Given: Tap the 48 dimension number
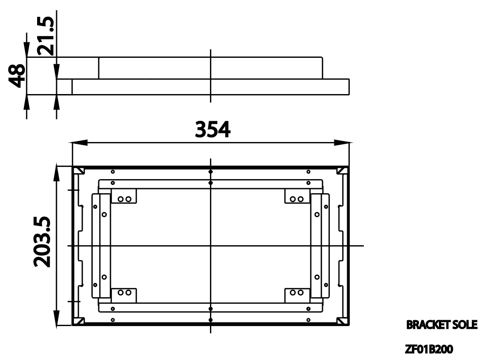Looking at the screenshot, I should [18, 76].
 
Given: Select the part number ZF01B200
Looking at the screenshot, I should [429, 349].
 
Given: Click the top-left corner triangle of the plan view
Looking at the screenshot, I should [78, 171].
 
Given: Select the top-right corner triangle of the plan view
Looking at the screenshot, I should [343, 171].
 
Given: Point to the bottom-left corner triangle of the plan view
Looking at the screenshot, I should [78, 321].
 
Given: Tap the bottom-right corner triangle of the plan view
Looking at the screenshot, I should [343, 321].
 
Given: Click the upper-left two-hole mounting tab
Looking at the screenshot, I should [124, 198].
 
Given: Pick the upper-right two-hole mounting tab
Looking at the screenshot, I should [297, 198].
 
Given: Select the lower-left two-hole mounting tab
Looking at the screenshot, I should [124, 293].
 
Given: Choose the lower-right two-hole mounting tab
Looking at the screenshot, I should [297, 293].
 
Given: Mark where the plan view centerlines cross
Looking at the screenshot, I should [211, 246].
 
